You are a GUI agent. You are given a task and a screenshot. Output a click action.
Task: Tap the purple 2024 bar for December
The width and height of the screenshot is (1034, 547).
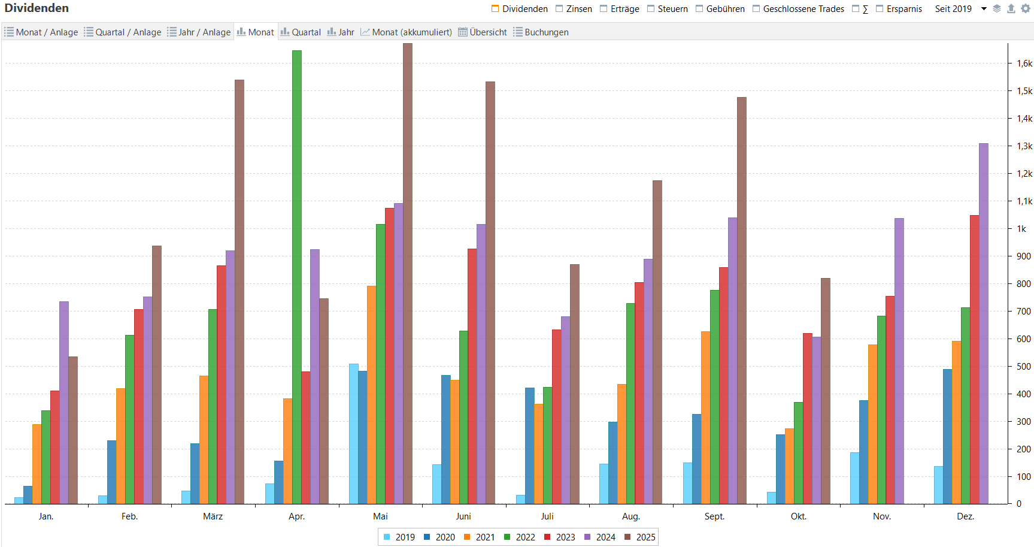click(x=984, y=324)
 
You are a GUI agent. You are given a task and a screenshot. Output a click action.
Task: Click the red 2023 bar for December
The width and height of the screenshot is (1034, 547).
click(x=975, y=359)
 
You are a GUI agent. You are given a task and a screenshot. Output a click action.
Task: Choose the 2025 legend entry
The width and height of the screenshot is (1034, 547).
click(x=640, y=537)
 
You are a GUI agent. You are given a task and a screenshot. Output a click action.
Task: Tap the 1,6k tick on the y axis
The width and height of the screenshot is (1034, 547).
click(x=1024, y=64)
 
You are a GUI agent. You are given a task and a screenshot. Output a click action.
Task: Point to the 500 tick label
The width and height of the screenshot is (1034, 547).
click(x=1024, y=367)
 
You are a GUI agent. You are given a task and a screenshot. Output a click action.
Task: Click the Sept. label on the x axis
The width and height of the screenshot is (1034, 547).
click(x=714, y=516)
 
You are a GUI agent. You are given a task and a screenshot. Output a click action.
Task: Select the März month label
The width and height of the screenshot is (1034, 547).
click(x=213, y=516)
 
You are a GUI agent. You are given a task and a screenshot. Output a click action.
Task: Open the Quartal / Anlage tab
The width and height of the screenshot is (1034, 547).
click(x=123, y=32)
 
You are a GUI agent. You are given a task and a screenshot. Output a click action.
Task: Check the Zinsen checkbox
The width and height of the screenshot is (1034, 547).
click(x=559, y=9)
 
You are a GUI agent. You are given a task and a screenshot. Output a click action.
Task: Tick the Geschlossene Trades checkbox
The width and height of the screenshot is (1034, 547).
click(x=756, y=9)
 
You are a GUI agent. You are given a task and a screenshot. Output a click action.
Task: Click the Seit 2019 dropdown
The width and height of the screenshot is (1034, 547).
click(x=960, y=9)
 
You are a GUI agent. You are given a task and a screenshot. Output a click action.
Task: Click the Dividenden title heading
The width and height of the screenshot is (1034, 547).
click(x=37, y=8)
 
